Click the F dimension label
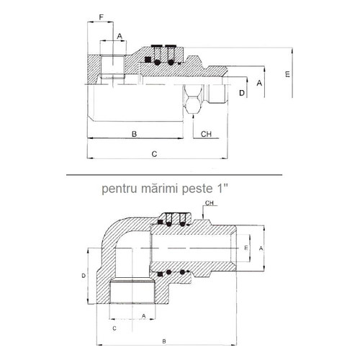click(102, 17)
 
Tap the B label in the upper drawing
click(135, 134)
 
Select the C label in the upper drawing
click(155, 154)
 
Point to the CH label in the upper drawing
click(206, 134)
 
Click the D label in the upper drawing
click(242, 93)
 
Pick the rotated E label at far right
click(287, 74)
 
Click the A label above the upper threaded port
click(120, 37)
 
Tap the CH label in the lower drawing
click(210, 203)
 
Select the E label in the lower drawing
click(246, 248)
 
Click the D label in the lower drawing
click(84, 276)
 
